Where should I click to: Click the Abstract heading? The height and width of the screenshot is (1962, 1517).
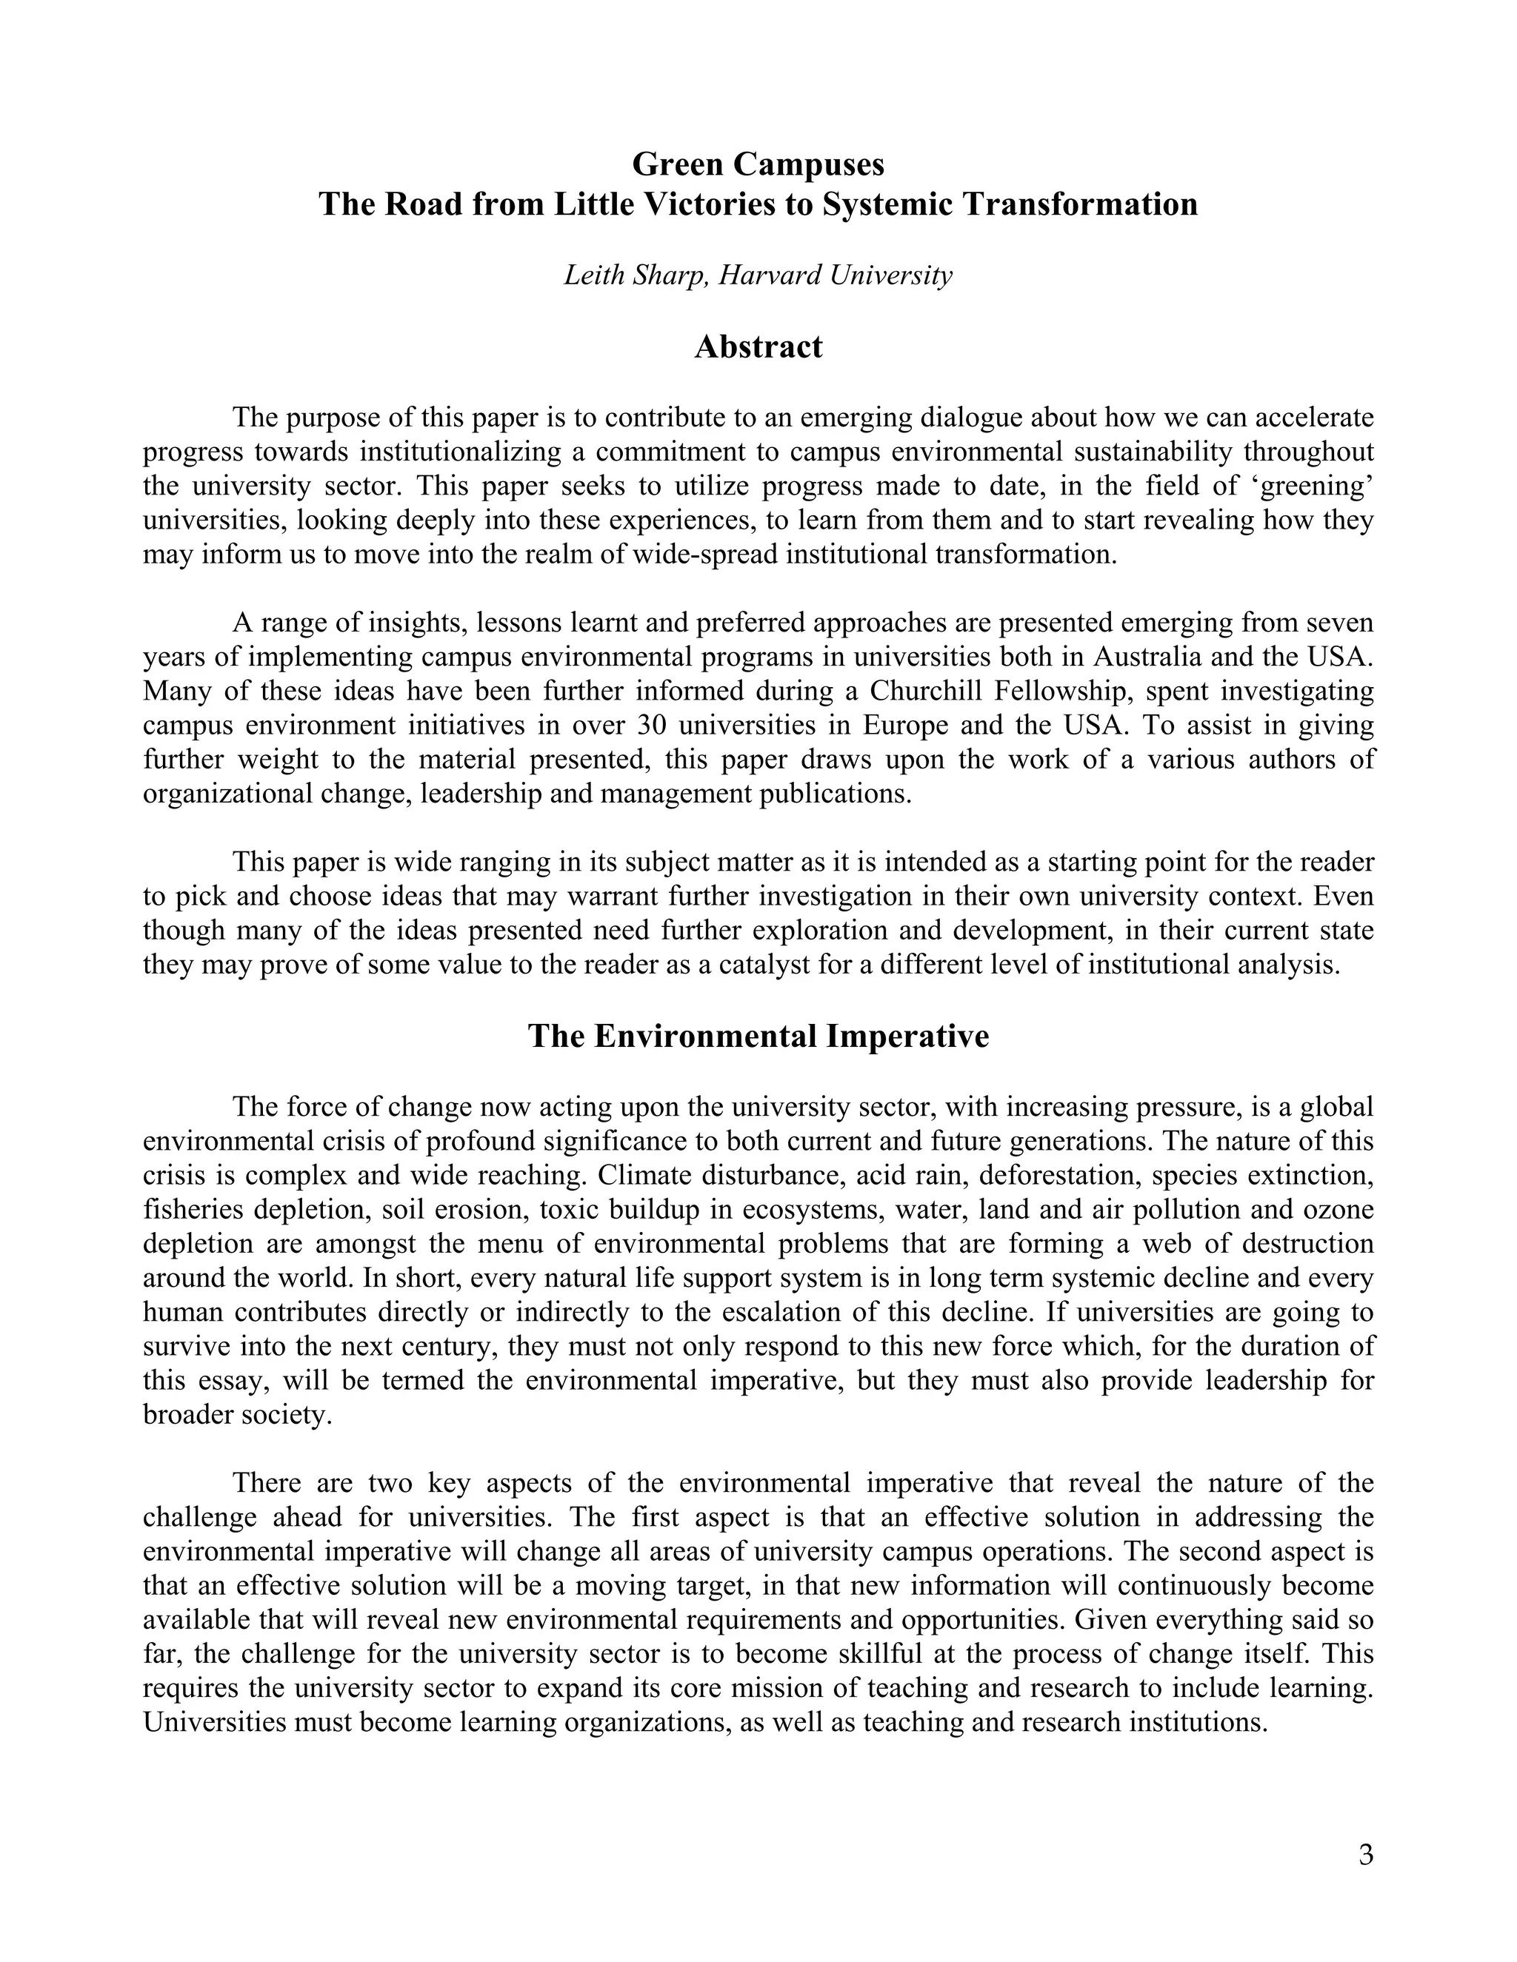tap(758, 346)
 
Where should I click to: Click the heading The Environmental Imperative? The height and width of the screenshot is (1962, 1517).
tap(758, 1036)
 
